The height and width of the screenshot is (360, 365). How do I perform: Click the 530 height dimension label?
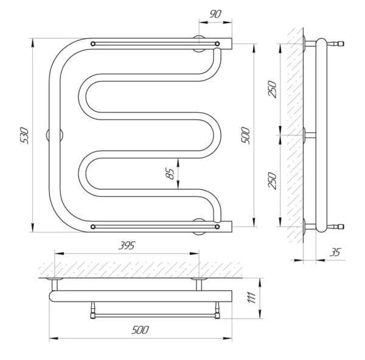pos(24,135)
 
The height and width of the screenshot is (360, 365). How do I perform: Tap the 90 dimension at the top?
pos(215,14)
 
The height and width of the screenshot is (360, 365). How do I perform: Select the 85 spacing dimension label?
pos(170,174)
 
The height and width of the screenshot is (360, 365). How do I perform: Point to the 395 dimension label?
pos(127,245)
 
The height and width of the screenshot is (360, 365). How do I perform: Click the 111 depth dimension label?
pos(252,297)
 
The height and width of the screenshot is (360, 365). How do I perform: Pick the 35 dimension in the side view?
pos(335,252)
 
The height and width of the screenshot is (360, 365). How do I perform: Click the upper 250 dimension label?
pos(273,89)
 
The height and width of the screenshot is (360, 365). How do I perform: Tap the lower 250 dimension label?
pos(273,181)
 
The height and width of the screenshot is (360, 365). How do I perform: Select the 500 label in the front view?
pos(245,135)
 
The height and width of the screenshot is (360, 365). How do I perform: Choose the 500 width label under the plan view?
pos(140,330)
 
